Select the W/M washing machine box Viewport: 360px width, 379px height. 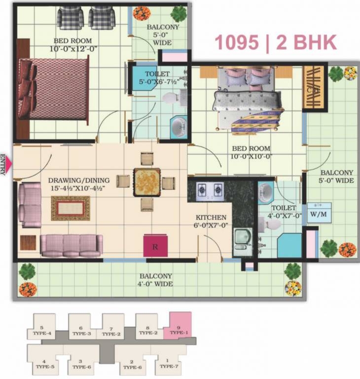[319, 213]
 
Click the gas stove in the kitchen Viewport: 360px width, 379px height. [210, 191]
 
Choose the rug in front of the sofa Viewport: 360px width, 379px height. [71, 208]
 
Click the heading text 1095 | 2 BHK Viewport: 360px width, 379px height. [275, 43]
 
